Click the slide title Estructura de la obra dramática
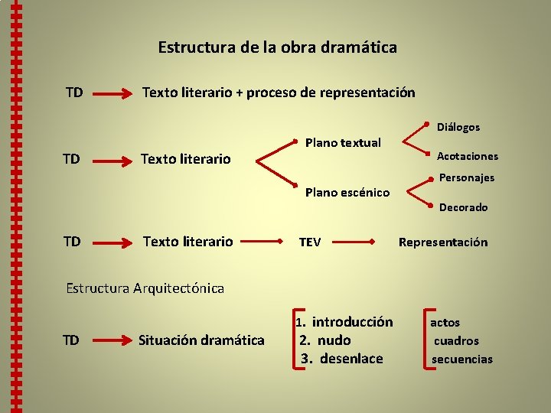277,47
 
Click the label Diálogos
458,127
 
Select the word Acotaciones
467,156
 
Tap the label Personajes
467,177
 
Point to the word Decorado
463,207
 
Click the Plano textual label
343,142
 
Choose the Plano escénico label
347,193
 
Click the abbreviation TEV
310,242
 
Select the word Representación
443,242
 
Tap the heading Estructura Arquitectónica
145,288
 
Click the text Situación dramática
201,340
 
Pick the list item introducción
352,322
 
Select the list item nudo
333,340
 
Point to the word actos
445,323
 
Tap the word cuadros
456,341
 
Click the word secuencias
462,359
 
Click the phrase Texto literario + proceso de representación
279,93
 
